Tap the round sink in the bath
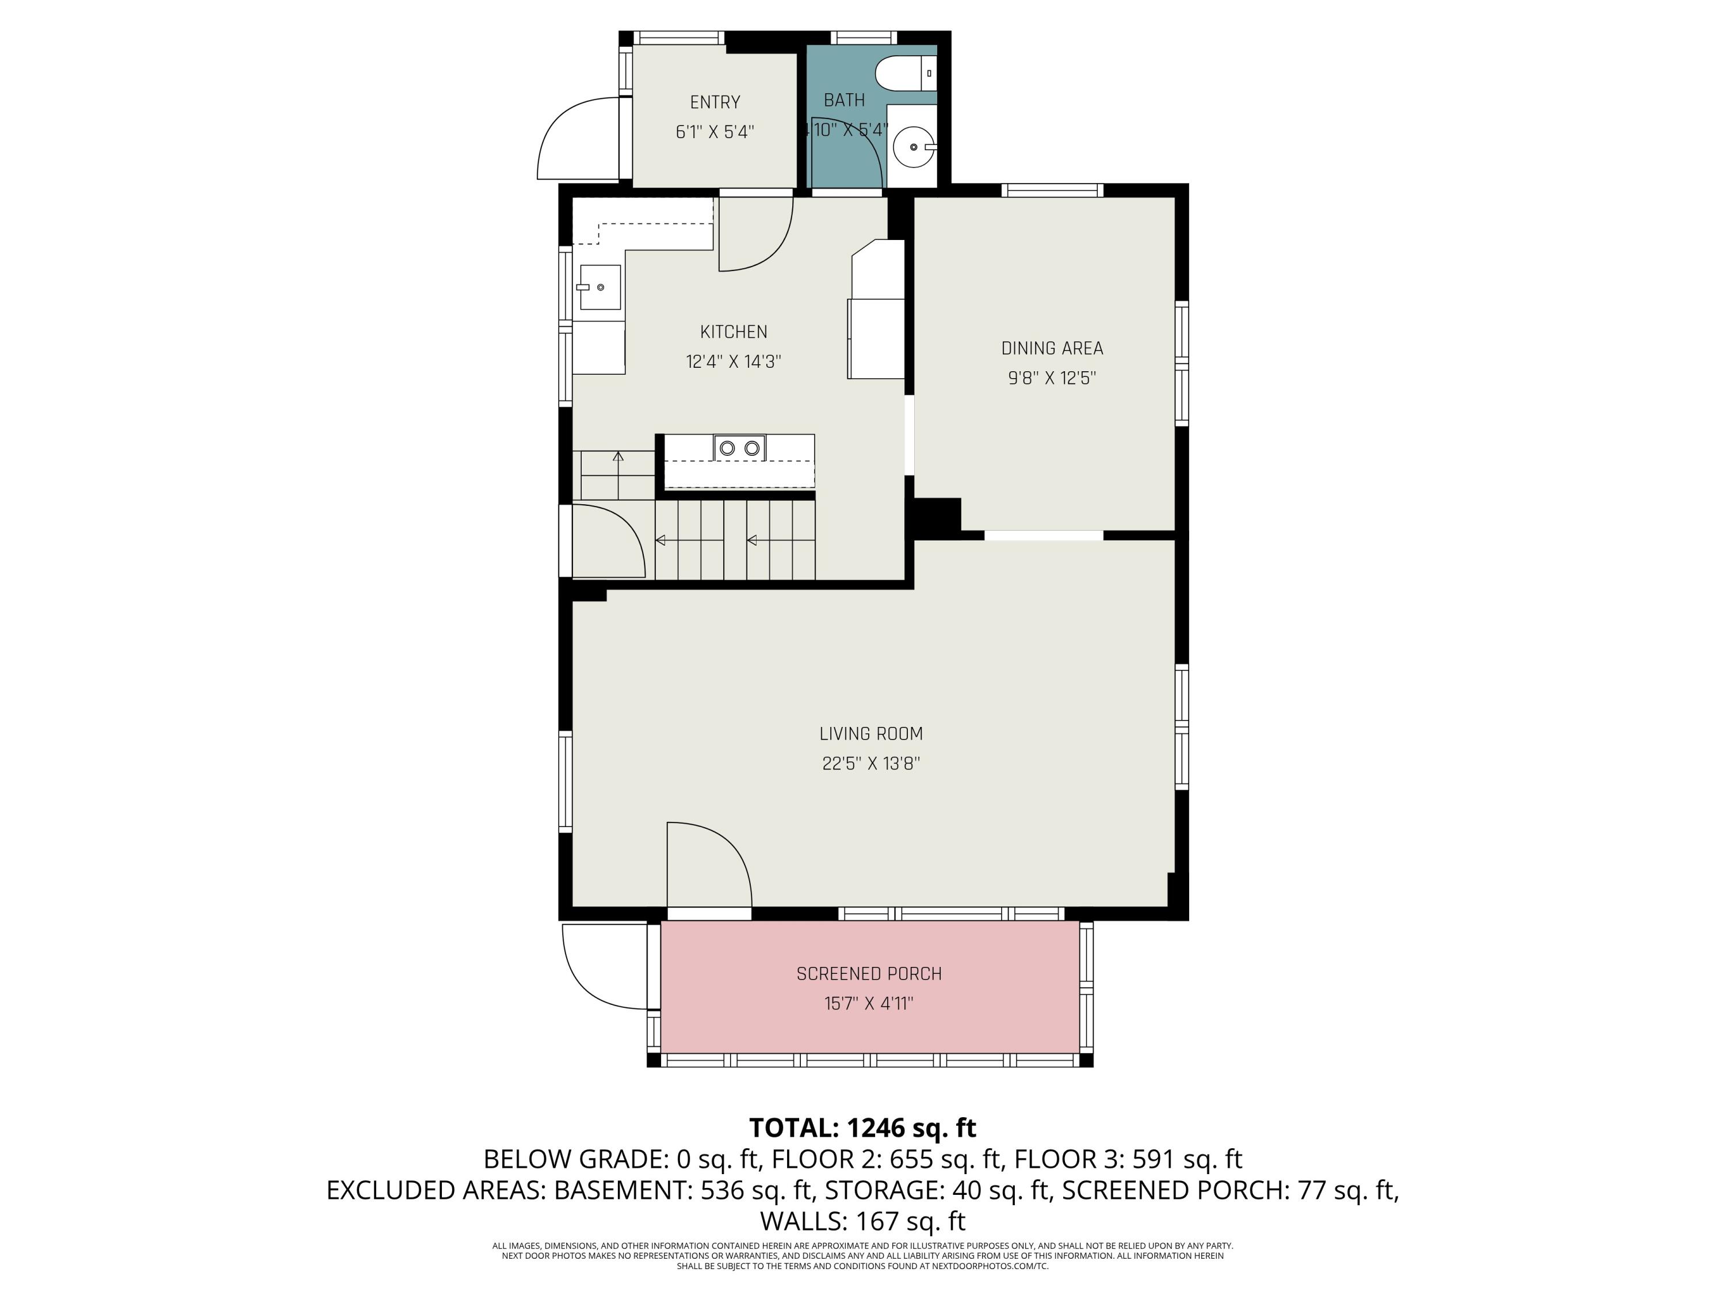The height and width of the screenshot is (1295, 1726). click(x=913, y=147)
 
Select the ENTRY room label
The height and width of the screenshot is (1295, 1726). click(x=715, y=102)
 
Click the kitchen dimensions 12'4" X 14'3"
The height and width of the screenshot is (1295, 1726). click(x=734, y=361)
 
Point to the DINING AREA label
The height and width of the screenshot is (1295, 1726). click(x=1052, y=348)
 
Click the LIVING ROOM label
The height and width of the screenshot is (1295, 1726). click(x=871, y=734)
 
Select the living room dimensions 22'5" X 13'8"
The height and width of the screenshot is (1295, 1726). click(x=871, y=763)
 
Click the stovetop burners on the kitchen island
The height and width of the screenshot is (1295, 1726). click(x=739, y=448)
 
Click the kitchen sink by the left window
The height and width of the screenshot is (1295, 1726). click(x=599, y=287)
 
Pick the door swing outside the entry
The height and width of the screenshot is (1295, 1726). click(x=578, y=139)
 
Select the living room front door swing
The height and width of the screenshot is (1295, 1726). click(x=706, y=863)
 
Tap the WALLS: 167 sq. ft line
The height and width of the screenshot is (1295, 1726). click(x=862, y=1220)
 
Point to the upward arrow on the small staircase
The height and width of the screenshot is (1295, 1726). click(x=618, y=456)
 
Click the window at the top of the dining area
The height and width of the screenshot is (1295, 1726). click(x=1052, y=190)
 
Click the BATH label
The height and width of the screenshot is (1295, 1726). click(x=844, y=100)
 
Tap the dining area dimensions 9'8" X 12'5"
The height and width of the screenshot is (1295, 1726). click(x=1052, y=378)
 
